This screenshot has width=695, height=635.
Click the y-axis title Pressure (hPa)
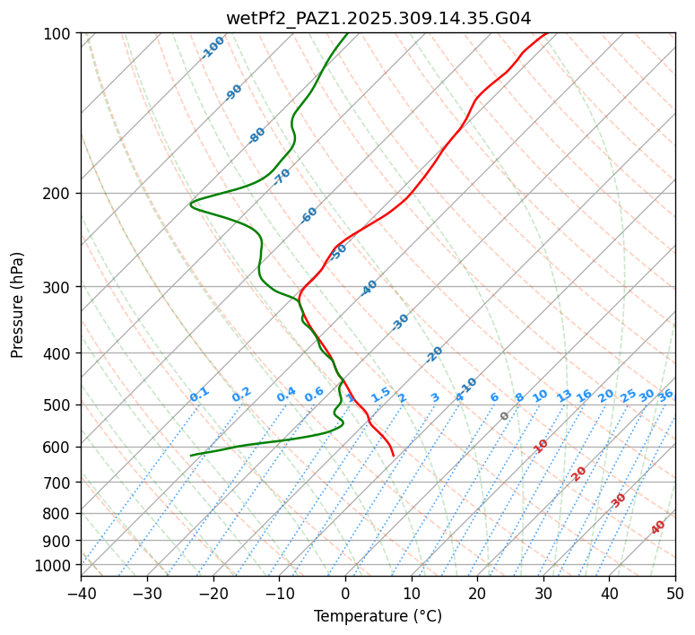[x=18, y=304]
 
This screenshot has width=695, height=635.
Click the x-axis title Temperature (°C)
[x=378, y=616]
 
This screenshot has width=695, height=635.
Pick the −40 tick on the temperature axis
[x=81, y=593]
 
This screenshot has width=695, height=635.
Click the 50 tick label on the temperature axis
[x=675, y=593]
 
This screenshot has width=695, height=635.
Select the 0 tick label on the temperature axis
[x=345, y=593]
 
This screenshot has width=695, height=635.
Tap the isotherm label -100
[x=213, y=48]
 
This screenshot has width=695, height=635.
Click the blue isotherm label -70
[x=282, y=177]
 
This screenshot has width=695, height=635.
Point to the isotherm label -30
[x=400, y=322]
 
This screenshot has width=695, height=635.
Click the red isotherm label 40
[x=658, y=527]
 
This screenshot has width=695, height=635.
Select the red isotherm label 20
[x=579, y=474]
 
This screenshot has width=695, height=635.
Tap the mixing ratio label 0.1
[x=199, y=395]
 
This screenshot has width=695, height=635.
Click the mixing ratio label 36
[x=665, y=395]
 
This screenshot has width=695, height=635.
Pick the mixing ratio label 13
[x=564, y=396]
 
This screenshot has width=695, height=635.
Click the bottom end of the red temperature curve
[x=394, y=456]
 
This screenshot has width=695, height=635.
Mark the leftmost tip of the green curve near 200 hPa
[x=190, y=204]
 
